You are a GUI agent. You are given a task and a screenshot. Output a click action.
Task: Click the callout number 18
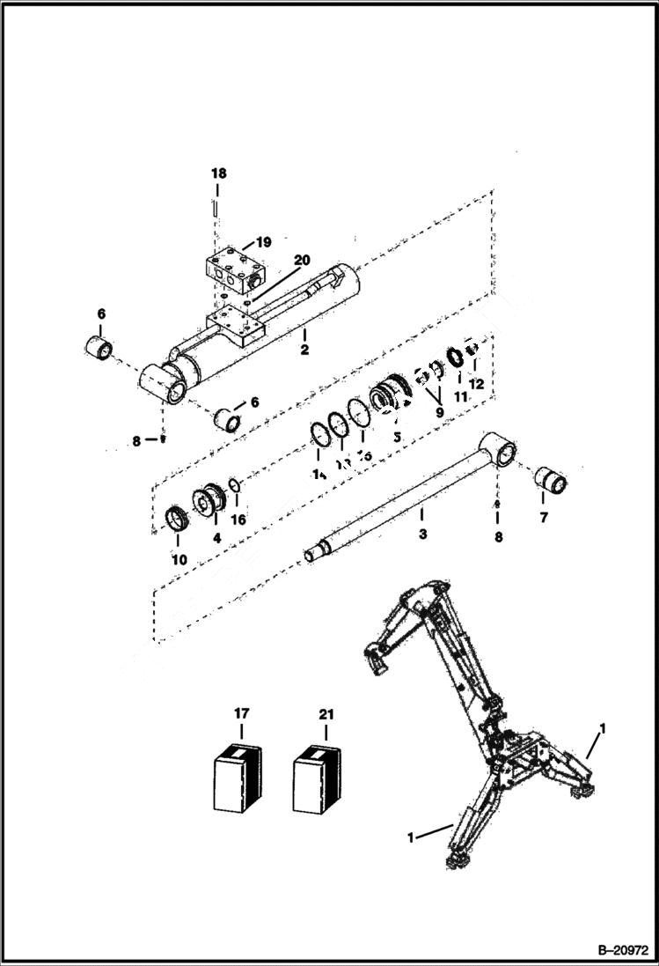coord(217,174)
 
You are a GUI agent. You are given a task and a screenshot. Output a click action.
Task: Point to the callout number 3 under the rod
coord(422,535)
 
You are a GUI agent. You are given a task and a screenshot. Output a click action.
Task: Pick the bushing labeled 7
coord(552,481)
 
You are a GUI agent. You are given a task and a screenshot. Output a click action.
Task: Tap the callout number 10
coord(179,559)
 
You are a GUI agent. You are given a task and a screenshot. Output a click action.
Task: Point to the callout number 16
coord(238,520)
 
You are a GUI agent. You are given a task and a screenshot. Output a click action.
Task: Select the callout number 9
coord(439,411)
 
